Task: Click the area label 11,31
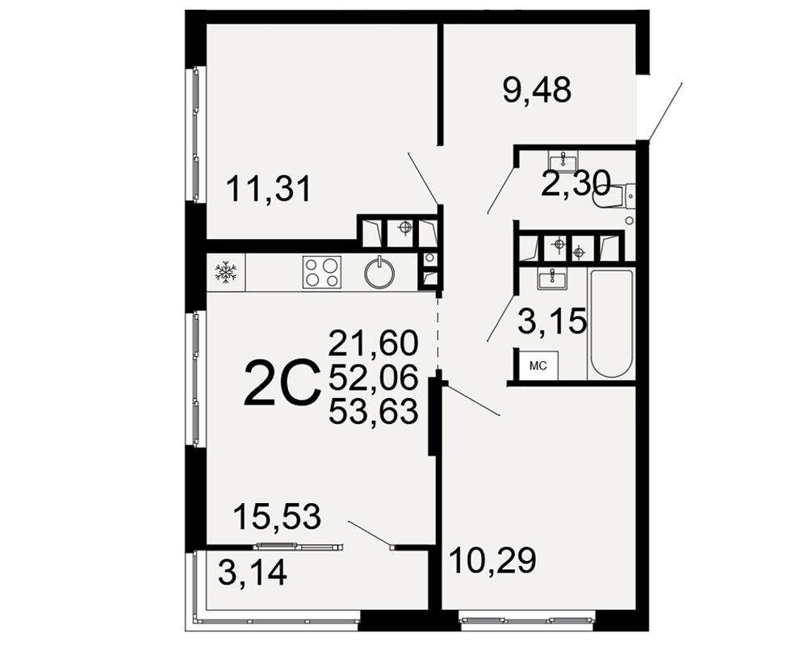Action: pos(269,188)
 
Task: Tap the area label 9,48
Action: pos(537,90)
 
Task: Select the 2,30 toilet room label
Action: pos(575,183)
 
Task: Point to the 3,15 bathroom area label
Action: pos(552,321)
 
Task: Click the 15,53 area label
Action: pos(278,516)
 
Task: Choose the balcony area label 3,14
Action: pos(252,573)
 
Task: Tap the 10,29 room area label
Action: pos(492,560)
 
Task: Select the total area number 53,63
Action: pos(373,412)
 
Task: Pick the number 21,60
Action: pos(373,343)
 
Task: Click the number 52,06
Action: pos(373,378)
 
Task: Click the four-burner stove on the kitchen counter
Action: pos(322,272)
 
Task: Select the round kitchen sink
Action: pos(379,272)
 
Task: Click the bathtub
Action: pos(612,323)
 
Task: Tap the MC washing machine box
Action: pos(537,367)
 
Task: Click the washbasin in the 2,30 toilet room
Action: pos(563,161)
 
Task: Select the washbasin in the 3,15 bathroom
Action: pos(552,279)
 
